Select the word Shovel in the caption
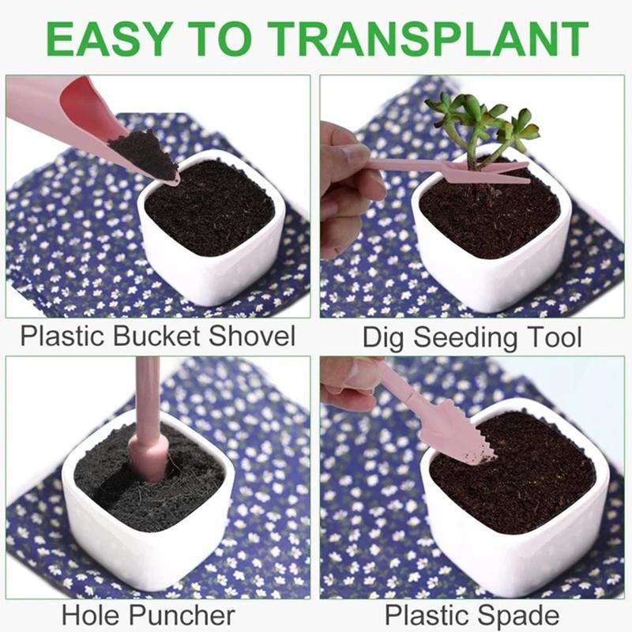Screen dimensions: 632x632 click(x=252, y=336)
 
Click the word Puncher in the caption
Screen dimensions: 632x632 click(x=183, y=615)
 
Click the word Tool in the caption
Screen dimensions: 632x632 click(x=551, y=338)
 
